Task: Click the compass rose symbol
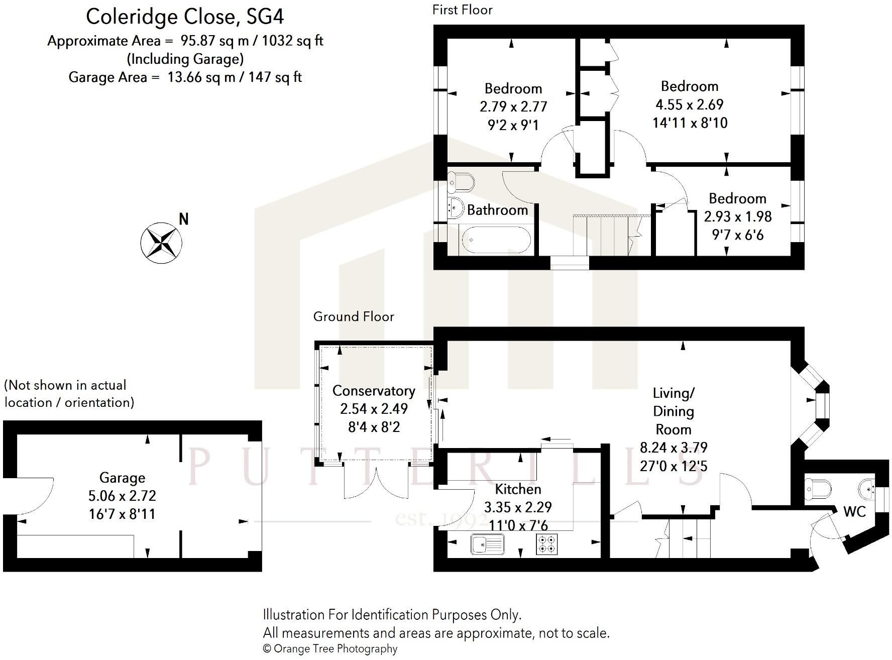tap(161, 243)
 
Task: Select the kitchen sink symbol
tap(488, 544)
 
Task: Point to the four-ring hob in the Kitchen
tap(547, 544)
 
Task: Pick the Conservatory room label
tap(374, 391)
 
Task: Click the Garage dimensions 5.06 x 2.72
tap(122, 496)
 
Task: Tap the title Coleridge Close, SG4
tap(185, 17)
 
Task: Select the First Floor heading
tap(462, 10)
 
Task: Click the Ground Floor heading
tap(354, 316)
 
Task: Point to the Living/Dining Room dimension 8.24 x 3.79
tap(673, 448)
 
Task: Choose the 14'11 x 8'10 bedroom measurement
tap(690, 123)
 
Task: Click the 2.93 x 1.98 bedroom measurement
tap(737, 216)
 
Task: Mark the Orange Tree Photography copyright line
tap(330, 649)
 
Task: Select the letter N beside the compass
tap(184, 219)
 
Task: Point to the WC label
tap(854, 511)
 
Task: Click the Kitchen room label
tap(518, 489)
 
